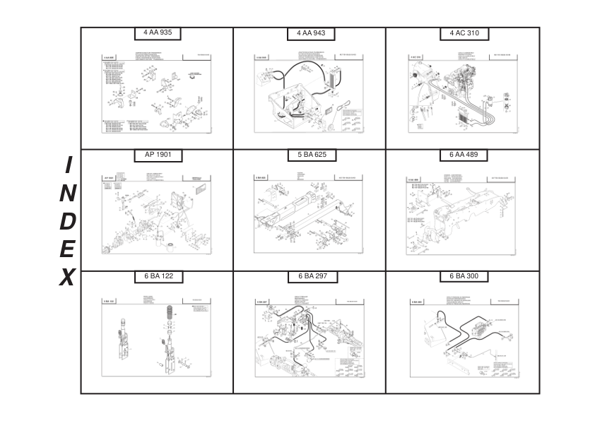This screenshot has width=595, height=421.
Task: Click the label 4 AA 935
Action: click(158, 33)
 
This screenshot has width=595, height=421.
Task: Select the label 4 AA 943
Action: click(311, 33)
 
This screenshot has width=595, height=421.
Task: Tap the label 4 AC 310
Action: click(464, 33)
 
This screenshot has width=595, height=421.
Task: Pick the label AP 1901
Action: click(158, 155)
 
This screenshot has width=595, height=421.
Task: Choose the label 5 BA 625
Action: click(311, 155)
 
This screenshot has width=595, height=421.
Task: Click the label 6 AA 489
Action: click(464, 155)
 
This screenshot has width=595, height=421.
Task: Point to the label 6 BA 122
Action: click(158, 276)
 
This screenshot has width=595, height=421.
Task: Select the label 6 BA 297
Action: click(311, 276)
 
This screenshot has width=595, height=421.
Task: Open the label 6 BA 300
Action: click(464, 276)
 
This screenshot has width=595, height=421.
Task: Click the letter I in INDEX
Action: click(68, 165)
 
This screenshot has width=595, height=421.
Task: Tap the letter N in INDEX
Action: click(68, 193)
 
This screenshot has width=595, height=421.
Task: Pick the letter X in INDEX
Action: click(67, 278)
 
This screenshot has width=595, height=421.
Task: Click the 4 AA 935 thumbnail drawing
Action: click(157, 92)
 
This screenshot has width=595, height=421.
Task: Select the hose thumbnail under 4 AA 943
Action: click(311, 92)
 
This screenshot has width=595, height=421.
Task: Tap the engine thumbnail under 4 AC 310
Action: click(464, 92)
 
